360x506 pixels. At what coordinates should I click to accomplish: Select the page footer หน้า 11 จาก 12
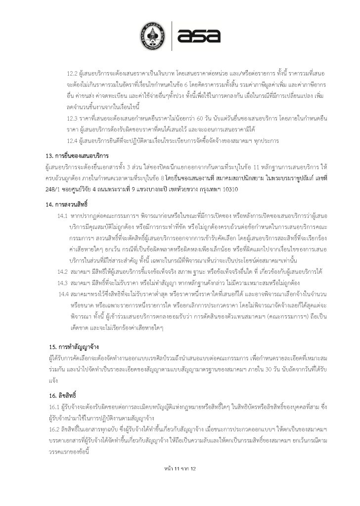[180, 468]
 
